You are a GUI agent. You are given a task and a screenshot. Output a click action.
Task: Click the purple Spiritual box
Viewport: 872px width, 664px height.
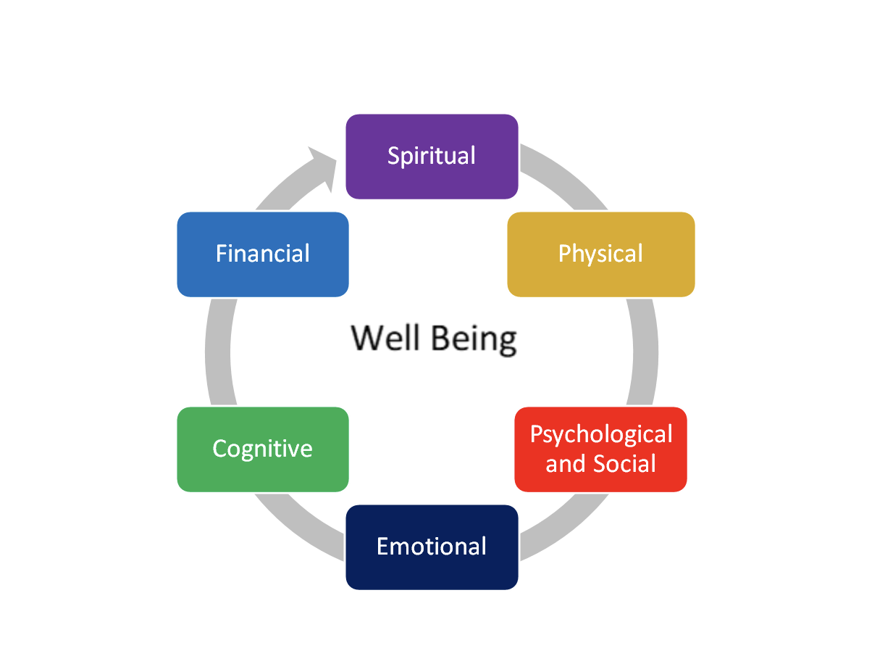point(432,157)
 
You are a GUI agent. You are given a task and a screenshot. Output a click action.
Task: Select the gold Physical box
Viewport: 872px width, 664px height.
point(600,254)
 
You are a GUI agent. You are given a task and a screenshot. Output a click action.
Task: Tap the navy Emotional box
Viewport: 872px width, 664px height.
point(432,547)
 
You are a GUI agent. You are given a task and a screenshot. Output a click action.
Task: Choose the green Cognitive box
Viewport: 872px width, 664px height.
point(262,449)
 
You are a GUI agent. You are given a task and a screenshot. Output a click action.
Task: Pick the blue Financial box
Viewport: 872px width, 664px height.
point(262,254)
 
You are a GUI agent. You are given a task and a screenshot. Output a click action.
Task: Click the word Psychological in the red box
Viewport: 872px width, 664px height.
point(601,435)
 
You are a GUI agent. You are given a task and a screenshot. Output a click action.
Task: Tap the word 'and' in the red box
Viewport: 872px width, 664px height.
point(563,463)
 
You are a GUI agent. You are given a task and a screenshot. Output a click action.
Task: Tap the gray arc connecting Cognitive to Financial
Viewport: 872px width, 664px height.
point(218,352)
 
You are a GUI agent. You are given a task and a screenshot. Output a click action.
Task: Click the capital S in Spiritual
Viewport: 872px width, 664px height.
point(395,156)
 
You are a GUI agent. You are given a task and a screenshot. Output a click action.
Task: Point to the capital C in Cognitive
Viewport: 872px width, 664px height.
point(220,449)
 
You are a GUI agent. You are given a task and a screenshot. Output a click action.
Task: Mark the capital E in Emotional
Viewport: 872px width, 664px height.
point(383,546)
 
